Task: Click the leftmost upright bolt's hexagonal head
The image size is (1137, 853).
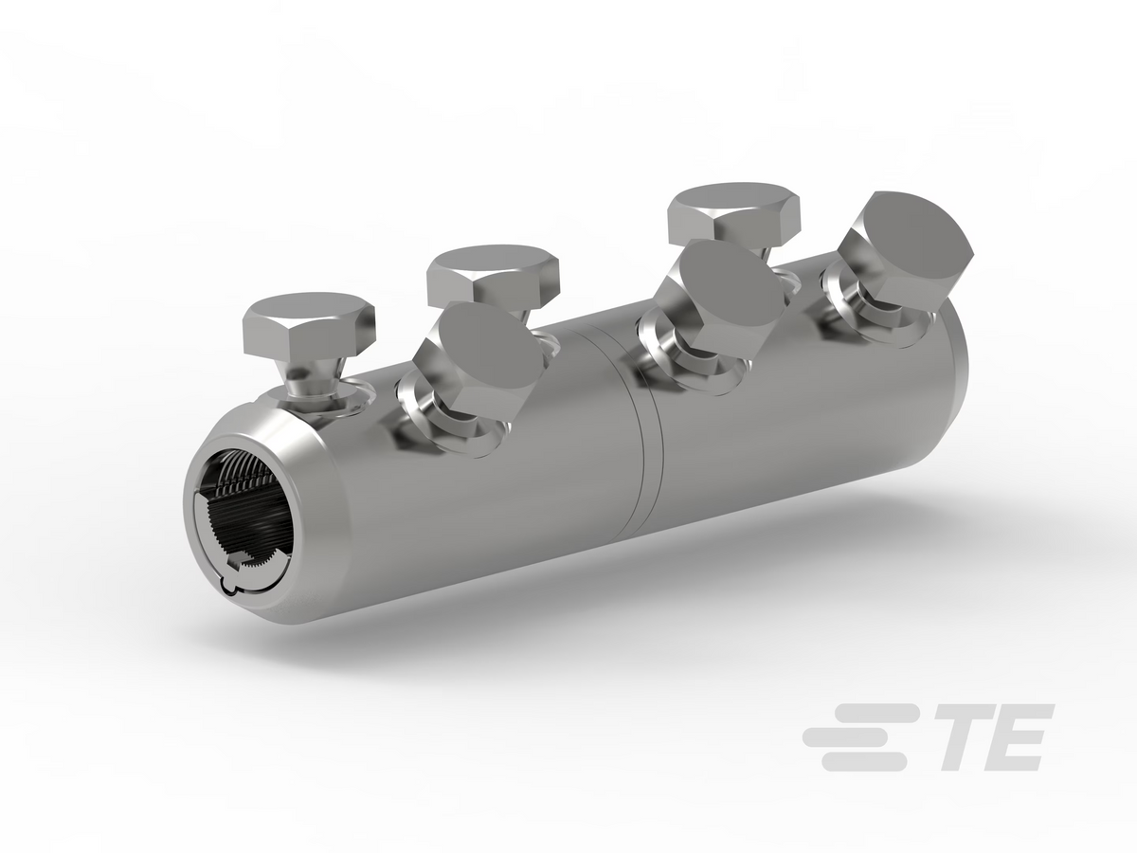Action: pos(309,324)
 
